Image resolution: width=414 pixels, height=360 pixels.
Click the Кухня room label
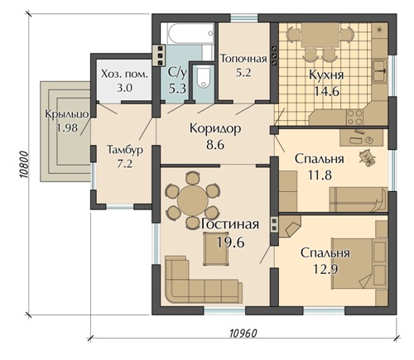click(326, 75)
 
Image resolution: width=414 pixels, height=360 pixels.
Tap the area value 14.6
click(326, 91)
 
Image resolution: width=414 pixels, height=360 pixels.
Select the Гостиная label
click(230, 224)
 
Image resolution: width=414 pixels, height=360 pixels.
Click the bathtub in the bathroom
click(190, 33)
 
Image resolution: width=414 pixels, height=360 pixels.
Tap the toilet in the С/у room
click(204, 77)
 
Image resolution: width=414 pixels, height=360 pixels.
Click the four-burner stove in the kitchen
click(354, 117)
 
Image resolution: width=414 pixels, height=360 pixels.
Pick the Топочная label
click(243, 59)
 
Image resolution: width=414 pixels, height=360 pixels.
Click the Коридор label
click(215, 128)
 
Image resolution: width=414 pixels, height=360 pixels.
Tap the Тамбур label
click(125, 150)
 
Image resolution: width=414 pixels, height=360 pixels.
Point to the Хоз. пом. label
click(124, 74)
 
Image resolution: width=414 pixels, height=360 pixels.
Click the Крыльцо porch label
click(67, 114)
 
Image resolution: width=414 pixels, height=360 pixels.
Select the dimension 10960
click(243, 334)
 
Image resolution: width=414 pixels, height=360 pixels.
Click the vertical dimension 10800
click(23, 165)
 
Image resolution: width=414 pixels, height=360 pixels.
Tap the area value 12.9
click(325, 269)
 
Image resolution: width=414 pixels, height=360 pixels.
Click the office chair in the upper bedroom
click(367, 157)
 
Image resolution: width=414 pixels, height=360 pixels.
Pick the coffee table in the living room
click(216, 249)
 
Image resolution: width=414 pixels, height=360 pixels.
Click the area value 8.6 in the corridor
click(215, 144)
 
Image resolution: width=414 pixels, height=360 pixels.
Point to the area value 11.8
click(320, 175)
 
